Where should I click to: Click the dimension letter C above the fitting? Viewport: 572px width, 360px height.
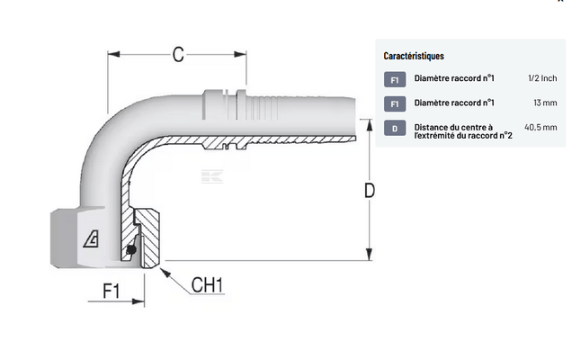point(178,55)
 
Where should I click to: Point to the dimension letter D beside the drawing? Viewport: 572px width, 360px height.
point(369,192)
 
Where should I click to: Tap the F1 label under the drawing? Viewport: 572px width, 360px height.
point(113,292)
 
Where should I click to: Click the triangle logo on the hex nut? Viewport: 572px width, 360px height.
point(91,239)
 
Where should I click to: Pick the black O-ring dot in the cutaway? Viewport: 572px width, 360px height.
point(132,249)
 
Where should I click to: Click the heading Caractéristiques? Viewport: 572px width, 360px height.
point(413,56)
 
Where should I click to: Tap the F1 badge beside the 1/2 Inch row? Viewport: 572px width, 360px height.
point(394,79)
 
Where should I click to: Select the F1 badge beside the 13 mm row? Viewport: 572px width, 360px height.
point(394,103)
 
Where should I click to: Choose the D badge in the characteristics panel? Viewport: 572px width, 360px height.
point(394,129)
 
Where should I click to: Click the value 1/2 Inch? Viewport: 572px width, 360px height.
point(542,79)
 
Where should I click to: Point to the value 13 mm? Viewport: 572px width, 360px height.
point(545,103)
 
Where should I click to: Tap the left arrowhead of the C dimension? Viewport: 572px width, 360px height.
point(112,55)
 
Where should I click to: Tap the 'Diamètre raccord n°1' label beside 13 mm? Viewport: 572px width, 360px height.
point(454,103)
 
